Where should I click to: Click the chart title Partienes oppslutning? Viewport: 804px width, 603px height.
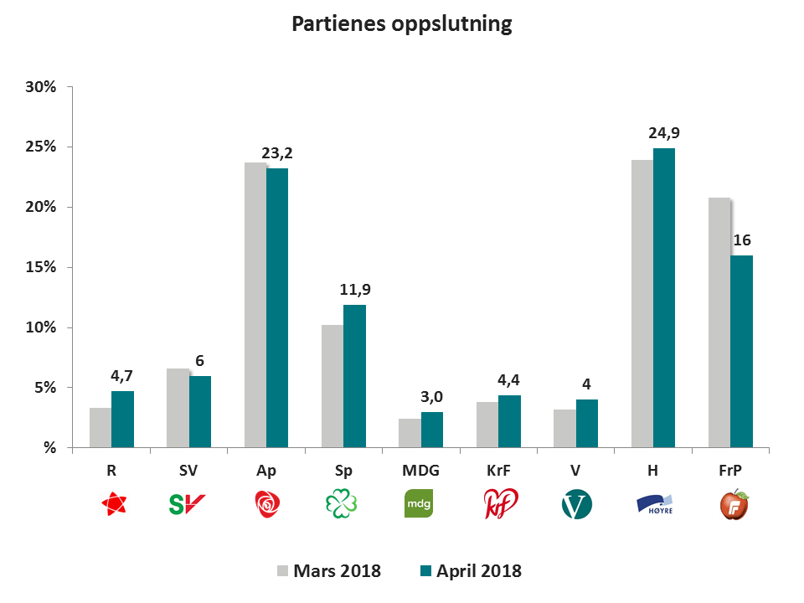(401, 24)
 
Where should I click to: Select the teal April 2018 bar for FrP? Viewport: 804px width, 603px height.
(740, 352)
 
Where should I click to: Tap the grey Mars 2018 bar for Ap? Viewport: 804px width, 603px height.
(255, 306)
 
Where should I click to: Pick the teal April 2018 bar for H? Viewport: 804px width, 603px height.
(663, 298)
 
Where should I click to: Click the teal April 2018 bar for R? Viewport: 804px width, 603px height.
(122, 420)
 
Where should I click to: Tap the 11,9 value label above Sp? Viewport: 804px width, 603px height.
(354, 290)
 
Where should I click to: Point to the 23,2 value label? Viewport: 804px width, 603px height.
(277, 153)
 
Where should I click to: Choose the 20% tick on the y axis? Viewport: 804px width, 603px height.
(39, 207)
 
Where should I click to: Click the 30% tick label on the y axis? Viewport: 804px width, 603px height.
(39, 87)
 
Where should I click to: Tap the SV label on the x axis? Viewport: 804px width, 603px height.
(188, 471)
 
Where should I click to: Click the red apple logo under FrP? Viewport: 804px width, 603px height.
(734, 504)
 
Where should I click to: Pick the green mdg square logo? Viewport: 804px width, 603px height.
(420, 504)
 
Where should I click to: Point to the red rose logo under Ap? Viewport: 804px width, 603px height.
(265, 504)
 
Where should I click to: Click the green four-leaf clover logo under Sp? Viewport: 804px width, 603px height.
(343, 504)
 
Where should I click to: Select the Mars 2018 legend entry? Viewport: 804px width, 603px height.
(329, 571)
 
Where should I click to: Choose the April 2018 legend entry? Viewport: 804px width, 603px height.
(469, 571)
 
